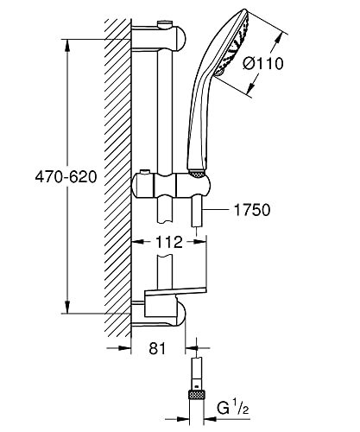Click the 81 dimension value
pos(155,350)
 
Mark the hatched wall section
pos(114,173)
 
